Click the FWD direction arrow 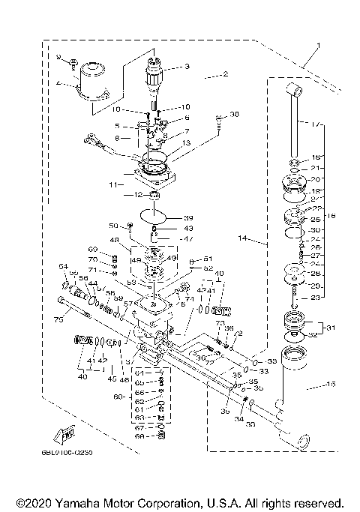(x=63, y=434)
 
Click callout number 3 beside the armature (x=187, y=67)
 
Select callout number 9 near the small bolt (x=60, y=57)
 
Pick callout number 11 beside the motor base (x=111, y=183)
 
